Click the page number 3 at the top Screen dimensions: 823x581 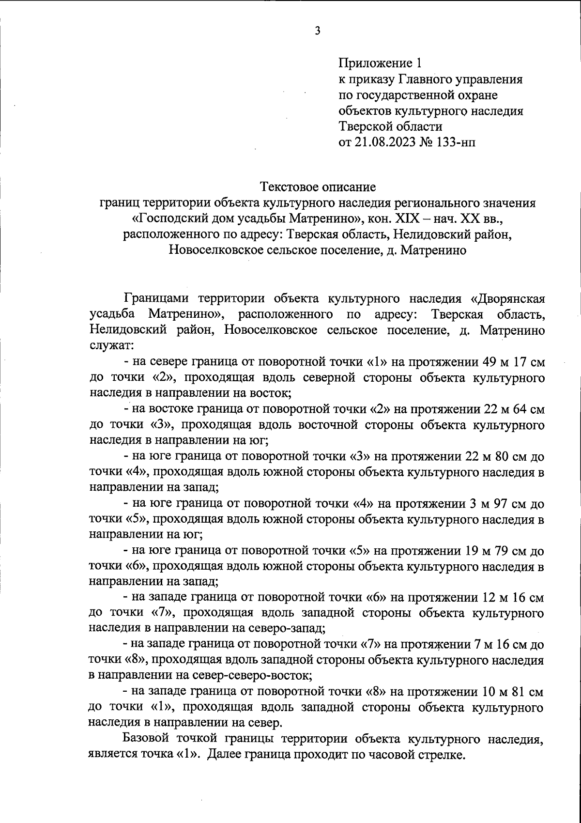(x=318, y=31)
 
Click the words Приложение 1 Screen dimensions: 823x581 (x=380, y=63)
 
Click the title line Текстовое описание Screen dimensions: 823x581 (x=318, y=186)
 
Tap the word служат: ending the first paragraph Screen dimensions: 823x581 (x=112, y=345)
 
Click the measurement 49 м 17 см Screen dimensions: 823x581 (x=514, y=362)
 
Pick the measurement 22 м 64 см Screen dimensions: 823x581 (x=514, y=409)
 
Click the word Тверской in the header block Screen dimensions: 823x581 (x=367, y=127)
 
